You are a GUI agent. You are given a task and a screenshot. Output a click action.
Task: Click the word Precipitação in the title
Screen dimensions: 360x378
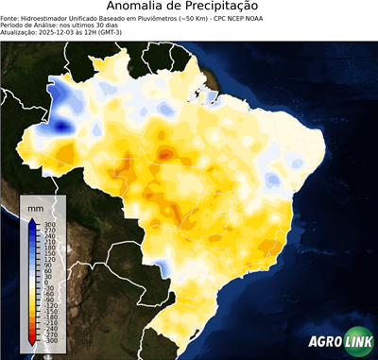227,8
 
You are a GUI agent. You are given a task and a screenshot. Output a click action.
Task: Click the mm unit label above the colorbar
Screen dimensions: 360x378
36,207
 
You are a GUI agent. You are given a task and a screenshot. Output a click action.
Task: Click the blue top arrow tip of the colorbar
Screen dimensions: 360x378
31,222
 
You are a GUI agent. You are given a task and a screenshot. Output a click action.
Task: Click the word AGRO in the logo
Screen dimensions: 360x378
324,343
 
